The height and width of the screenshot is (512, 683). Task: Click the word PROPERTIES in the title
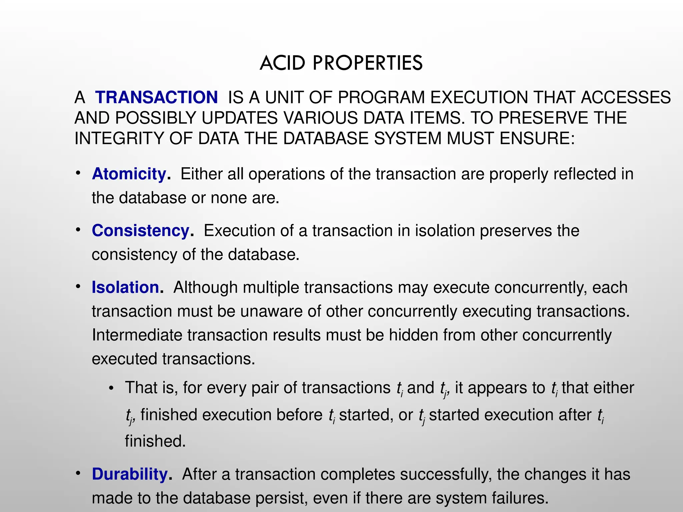click(368, 63)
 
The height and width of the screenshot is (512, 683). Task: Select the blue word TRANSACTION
click(156, 97)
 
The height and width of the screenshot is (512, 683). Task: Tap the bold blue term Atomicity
click(129, 174)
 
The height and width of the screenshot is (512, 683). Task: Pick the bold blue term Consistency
click(141, 231)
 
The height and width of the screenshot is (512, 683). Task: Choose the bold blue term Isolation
click(125, 287)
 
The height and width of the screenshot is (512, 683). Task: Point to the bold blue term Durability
click(130, 474)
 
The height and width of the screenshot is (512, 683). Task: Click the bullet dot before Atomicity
click(78, 173)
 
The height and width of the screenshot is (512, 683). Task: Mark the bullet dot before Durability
click(78, 473)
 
